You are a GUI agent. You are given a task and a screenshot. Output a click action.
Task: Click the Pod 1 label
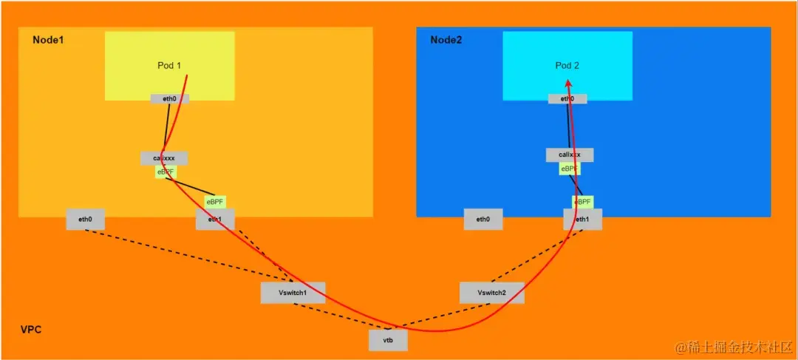point(169,66)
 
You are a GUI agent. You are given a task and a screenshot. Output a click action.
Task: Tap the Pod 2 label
point(567,66)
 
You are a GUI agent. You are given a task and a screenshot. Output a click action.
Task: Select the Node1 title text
point(48,39)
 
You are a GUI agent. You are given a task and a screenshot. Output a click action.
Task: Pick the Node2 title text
point(446,39)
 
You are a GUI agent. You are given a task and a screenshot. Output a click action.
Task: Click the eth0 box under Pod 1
point(169,98)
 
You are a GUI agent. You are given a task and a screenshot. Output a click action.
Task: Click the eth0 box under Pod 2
point(567,98)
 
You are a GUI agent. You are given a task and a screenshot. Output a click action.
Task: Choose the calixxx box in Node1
point(164,158)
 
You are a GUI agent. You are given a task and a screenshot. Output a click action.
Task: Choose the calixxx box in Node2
point(569,155)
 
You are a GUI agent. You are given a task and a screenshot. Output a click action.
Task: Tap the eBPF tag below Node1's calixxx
point(166,171)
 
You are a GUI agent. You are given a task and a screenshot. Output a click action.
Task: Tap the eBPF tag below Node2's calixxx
point(569,169)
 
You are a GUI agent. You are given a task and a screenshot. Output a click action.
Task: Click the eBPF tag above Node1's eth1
point(215,201)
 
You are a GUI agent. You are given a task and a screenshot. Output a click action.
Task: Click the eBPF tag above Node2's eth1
point(583,202)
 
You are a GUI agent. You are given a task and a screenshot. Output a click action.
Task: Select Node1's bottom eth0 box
point(85,219)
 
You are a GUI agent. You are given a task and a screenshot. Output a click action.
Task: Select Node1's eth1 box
point(215,219)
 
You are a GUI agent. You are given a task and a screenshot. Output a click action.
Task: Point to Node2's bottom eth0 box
point(482,219)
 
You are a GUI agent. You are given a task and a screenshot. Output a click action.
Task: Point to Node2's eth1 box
point(582,219)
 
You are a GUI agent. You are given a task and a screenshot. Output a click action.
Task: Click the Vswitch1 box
point(293,293)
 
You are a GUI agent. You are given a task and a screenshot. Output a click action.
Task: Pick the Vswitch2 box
point(491,293)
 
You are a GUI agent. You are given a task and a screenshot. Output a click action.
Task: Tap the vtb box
point(388,340)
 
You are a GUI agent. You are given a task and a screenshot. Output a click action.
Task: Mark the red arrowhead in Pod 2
point(568,84)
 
